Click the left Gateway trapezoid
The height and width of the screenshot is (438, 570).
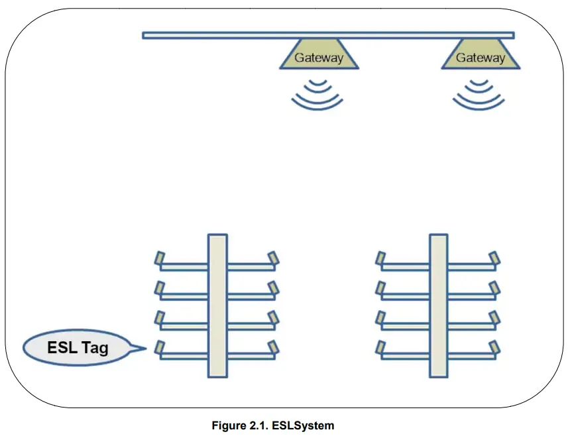[x=319, y=57]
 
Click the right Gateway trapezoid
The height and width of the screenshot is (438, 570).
[x=480, y=57]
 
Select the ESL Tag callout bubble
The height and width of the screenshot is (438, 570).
[x=77, y=347]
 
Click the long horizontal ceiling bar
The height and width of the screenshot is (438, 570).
[x=328, y=35]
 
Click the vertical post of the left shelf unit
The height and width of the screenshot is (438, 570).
[x=217, y=305]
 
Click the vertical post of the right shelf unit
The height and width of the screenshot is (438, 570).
[x=438, y=305]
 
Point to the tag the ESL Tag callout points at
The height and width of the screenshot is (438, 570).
[x=159, y=347]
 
